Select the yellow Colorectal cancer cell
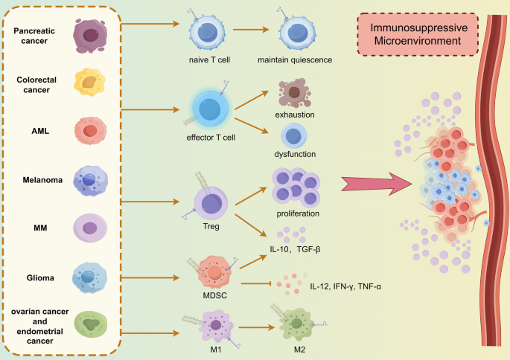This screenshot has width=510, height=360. [x=89, y=83]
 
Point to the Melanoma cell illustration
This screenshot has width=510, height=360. [x=89, y=179]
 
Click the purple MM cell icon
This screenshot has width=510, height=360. [x=89, y=228]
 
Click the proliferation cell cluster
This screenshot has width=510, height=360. [x=296, y=186]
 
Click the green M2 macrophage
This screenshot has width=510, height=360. [x=296, y=324]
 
